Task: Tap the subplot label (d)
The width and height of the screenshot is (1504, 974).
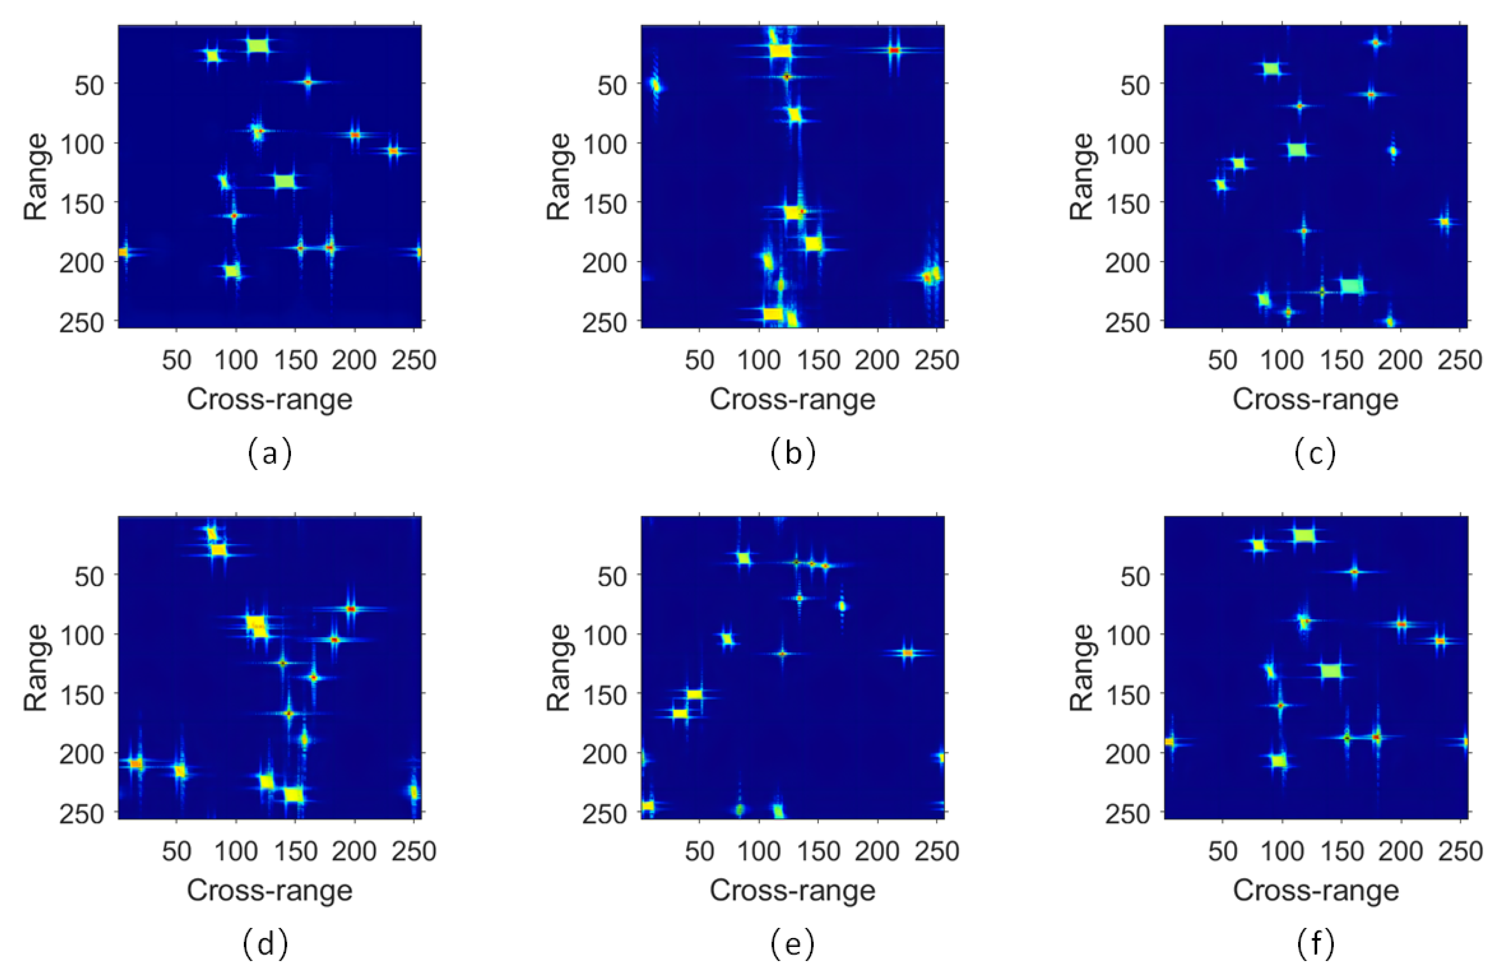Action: tap(265, 944)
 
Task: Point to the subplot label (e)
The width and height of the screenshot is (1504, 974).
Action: tap(793, 944)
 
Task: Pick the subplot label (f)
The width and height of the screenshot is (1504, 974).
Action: tap(1315, 944)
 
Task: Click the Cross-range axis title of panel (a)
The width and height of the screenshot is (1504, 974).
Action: tap(269, 399)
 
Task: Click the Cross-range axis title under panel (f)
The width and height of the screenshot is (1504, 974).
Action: tap(1315, 891)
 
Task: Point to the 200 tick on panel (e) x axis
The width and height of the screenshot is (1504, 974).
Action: tap(877, 852)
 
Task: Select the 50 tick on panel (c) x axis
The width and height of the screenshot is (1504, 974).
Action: tap(1222, 360)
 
